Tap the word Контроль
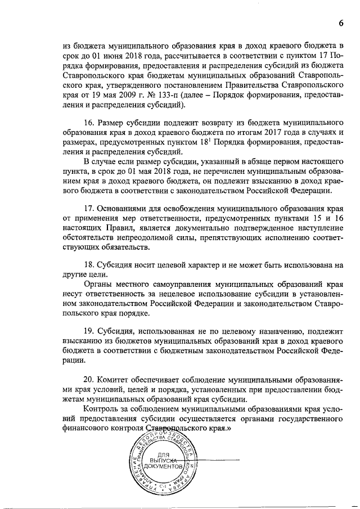tap(101, 409)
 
